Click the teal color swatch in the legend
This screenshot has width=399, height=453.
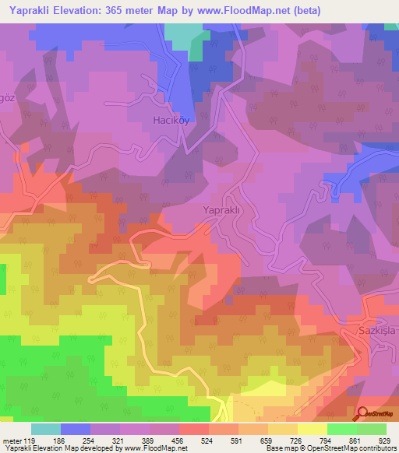tap(46, 429)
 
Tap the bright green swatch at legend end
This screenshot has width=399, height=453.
tap(372, 429)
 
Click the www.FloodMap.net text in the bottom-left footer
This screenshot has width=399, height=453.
tap(156, 448)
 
